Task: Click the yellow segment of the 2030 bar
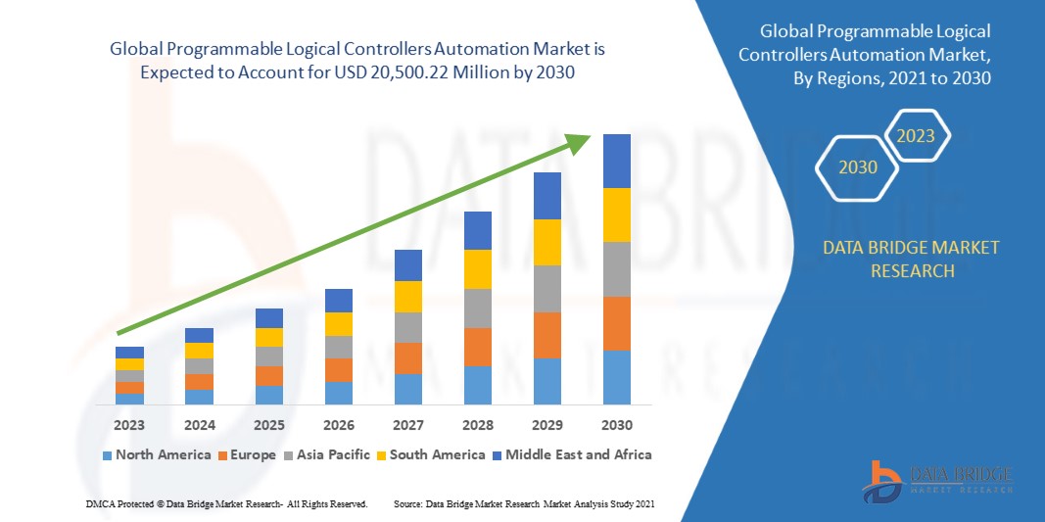(616, 214)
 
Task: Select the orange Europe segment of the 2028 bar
(477, 347)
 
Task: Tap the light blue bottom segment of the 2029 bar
(546, 381)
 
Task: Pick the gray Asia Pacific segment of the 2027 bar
(407, 327)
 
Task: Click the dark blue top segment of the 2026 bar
(338, 300)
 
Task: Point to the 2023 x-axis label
(129, 425)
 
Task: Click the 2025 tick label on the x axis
(268, 425)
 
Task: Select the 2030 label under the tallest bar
(616, 425)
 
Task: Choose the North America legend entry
(156, 454)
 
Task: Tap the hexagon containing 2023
(916, 136)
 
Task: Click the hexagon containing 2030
(858, 167)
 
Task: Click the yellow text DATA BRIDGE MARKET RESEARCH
(912, 259)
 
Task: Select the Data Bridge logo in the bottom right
(936, 480)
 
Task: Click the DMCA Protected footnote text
(225, 503)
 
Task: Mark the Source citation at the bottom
(524, 503)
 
